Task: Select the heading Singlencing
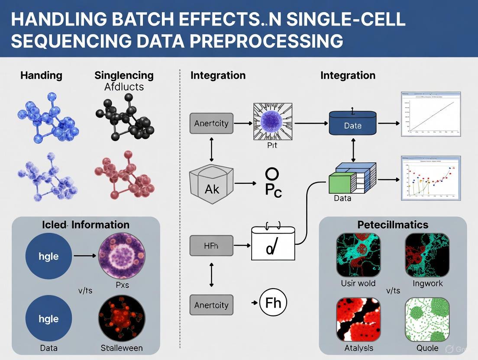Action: click(124, 75)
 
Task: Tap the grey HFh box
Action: click(211, 245)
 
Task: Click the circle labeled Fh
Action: click(273, 302)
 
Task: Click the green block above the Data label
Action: click(340, 183)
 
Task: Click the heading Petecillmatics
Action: click(393, 225)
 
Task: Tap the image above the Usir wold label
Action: click(358, 255)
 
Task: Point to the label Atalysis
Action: click(358, 348)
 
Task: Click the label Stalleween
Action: click(121, 348)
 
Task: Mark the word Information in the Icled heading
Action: click(101, 225)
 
